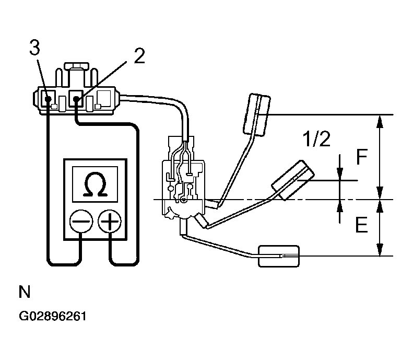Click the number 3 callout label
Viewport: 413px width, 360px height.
pyautogui.click(x=35, y=48)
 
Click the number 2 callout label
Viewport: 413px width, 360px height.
pyautogui.click(x=139, y=56)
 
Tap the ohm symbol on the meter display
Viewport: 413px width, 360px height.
pyautogui.click(x=95, y=184)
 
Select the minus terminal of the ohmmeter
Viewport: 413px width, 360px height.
pyautogui.click(x=81, y=221)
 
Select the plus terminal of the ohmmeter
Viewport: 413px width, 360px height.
pyautogui.click(x=110, y=221)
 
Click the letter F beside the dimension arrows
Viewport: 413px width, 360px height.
pyautogui.click(x=362, y=157)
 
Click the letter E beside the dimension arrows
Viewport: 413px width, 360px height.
pyautogui.click(x=361, y=225)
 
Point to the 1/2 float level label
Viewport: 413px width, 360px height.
pyautogui.click(x=317, y=139)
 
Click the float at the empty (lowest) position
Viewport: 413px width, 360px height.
pyautogui.click(x=279, y=256)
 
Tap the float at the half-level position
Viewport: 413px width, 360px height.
pyautogui.click(x=293, y=180)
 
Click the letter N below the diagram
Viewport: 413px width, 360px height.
pyautogui.click(x=25, y=292)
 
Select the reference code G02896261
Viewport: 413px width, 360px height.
pyautogui.click(x=53, y=316)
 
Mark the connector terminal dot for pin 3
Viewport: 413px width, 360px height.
pyautogui.click(x=48, y=99)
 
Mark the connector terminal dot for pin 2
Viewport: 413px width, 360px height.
pyautogui.click(x=76, y=99)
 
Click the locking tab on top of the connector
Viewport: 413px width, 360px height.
pyautogui.click(x=76, y=66)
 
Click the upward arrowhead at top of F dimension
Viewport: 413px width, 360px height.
pyautogui.click(x=380, y=121)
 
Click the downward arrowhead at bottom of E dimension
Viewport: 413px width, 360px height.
pyautogui.click(x=380, y=250)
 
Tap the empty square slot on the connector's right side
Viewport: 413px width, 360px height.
pyautogui.click(x=104, y=98)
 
